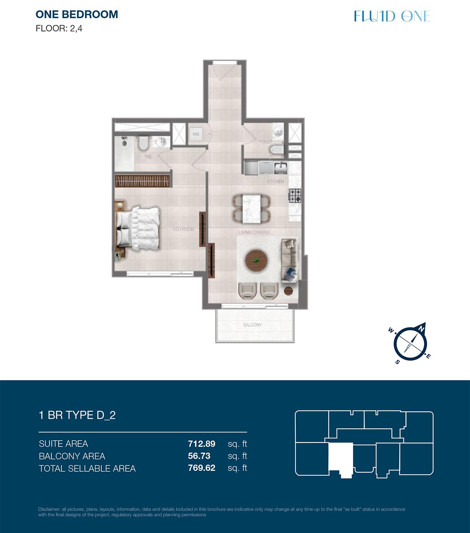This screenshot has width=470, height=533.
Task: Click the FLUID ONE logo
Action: tap(392, 16)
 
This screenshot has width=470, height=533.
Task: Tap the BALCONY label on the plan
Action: tap(252, 325)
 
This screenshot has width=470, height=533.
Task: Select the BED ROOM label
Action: tap(183, 229)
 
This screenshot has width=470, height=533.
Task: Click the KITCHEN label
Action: tap(275, 182)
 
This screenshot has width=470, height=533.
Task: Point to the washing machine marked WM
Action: tap(196, 134)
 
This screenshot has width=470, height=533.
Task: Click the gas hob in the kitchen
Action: tap(295, 195)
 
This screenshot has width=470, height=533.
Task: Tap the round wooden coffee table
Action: tap(256, 261)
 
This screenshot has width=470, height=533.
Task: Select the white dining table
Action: tap(252, 209)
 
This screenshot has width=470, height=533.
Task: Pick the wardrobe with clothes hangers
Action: tap(142, 181)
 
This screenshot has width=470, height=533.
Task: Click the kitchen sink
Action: tap(281, 168)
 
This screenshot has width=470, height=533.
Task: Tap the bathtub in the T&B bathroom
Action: tap(124, 153)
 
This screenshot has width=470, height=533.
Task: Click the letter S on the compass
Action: tap(397, 362)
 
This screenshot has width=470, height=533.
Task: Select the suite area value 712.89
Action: tap(202, 444)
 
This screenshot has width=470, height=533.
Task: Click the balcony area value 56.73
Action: tap(199, 456)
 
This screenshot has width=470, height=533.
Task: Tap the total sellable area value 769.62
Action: tap(202, 468)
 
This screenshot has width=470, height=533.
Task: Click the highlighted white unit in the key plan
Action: tap(341, 458)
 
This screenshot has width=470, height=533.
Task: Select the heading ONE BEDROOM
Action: tap(77, 14)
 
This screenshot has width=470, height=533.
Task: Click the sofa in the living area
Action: tap(290, 261)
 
